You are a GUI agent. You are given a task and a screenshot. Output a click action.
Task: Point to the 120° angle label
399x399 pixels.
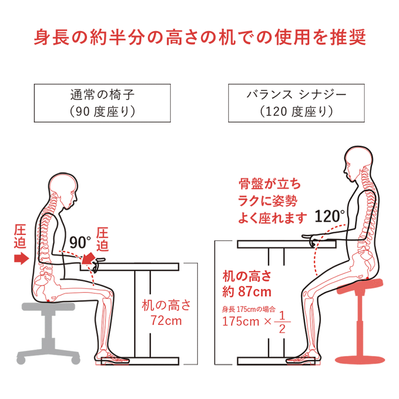point(330,216)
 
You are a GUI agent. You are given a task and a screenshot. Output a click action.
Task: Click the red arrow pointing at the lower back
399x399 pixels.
point(21,257)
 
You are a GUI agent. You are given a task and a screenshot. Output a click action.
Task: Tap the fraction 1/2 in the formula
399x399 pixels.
point(284,323)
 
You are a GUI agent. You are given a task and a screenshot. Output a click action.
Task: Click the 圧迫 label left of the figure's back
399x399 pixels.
point(21,235)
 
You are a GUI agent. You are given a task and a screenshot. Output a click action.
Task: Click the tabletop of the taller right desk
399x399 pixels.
point(287,244)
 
